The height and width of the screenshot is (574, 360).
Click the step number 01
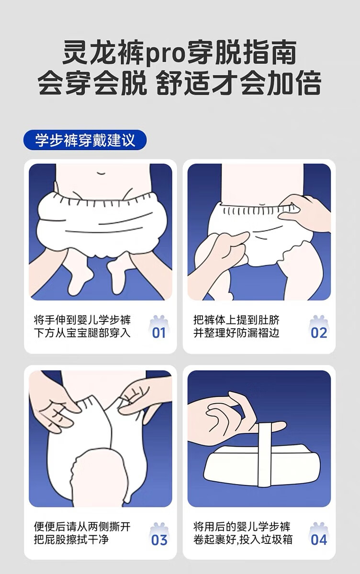coord(159,333)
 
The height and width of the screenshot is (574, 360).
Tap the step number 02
coord(319,333)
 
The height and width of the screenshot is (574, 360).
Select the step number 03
coord(159,532)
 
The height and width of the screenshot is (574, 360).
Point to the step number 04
coord(319,532)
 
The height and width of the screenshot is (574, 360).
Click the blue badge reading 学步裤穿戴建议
coord(85,140)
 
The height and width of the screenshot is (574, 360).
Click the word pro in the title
coord(165,55)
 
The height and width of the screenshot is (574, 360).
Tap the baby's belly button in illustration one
coord(101,173)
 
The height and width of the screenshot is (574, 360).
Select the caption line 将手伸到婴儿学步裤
coord(82,320)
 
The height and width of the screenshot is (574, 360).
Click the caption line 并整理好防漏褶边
coord(236,333)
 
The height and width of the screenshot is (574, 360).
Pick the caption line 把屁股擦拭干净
coord(71,532)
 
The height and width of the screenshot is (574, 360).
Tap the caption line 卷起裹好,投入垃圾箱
coord(243,532)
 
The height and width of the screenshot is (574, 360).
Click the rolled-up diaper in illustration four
coord(262,465)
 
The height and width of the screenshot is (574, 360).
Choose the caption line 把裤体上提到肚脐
coord(236,320)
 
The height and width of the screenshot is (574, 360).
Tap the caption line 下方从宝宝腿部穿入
coord(82,333)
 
